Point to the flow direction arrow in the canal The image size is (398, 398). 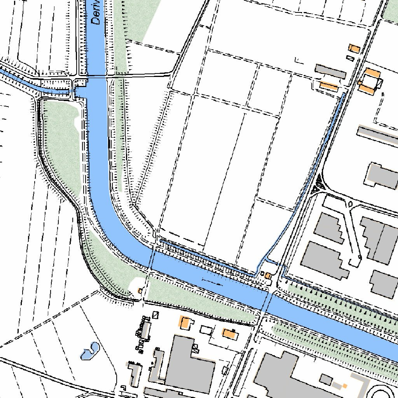[212, 281]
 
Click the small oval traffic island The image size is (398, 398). [351, 204]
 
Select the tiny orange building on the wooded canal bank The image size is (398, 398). [140, 290]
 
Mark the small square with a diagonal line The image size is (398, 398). [156, 315]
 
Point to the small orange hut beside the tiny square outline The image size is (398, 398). [268, 275]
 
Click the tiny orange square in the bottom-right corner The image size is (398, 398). [344, 386]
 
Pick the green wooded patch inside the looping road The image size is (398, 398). [61, 144]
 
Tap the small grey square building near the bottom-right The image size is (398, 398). [326, 379]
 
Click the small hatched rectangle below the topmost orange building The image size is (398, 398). [350, 58]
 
